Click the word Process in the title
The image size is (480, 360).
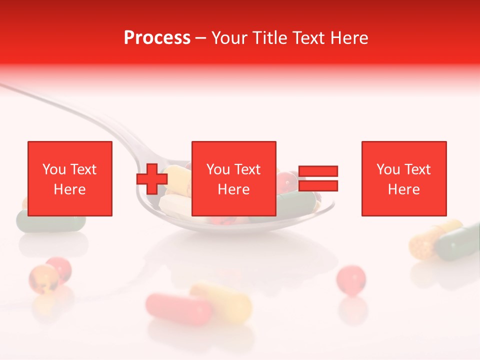[x=157, y=38]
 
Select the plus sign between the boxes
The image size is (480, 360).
[x=152, y=178]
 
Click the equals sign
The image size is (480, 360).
[x=318, y=178]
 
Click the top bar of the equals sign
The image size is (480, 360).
[x=318, y=171]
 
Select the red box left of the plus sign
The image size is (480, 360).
[x=70, y=178]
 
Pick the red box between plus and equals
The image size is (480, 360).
[x=234, y=178]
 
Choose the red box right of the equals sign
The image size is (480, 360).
[x=404, y=178]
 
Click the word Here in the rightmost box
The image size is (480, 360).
[x=404, y=189]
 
